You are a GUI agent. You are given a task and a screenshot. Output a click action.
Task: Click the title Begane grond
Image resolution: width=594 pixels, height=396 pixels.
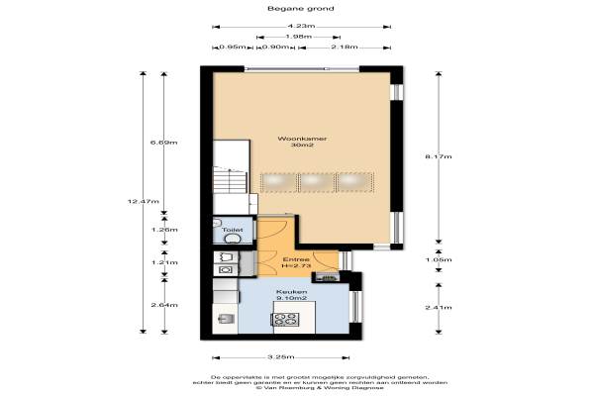tap(301, 8)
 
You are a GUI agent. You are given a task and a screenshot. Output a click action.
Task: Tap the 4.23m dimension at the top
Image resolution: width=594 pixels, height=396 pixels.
tap(301, 26)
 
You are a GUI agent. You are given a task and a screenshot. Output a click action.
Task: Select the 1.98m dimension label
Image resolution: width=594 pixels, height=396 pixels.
tap(299, 37)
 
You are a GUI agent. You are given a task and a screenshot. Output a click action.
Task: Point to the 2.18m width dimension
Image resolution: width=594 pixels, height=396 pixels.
tap(344, 47)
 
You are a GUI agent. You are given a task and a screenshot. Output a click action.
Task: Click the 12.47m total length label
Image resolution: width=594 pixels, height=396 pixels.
tap(144, 201)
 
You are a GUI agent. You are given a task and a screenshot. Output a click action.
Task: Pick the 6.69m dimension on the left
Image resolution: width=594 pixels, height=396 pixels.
tap(164, 143)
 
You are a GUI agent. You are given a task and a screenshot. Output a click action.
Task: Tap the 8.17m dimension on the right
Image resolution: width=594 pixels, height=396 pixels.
tap(439, 156)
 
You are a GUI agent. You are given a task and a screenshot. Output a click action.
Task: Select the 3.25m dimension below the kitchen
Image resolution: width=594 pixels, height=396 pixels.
tap(281, 357)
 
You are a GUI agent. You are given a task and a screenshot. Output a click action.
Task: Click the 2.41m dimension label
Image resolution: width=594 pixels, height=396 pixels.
tap(439, 307)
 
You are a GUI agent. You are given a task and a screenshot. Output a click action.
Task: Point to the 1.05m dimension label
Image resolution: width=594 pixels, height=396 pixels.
tap(439, 259)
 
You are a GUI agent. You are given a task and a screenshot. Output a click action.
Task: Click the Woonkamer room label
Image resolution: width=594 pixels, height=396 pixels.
tap(302, 139)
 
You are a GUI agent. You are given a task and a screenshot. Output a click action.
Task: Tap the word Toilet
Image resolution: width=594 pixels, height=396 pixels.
tap(233, 230)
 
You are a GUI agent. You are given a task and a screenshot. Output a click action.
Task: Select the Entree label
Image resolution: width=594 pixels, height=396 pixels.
tap(296, 259)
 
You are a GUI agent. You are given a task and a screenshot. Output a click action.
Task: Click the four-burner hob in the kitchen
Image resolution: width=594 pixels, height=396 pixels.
tap(285, 319)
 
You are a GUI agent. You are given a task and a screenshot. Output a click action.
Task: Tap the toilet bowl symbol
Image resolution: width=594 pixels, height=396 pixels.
tap(233, 239)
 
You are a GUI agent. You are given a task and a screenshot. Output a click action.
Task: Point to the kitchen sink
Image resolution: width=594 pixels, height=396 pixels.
tap(226, 319)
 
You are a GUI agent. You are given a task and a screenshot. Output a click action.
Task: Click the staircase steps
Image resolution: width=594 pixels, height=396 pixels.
tap(230, 181)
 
